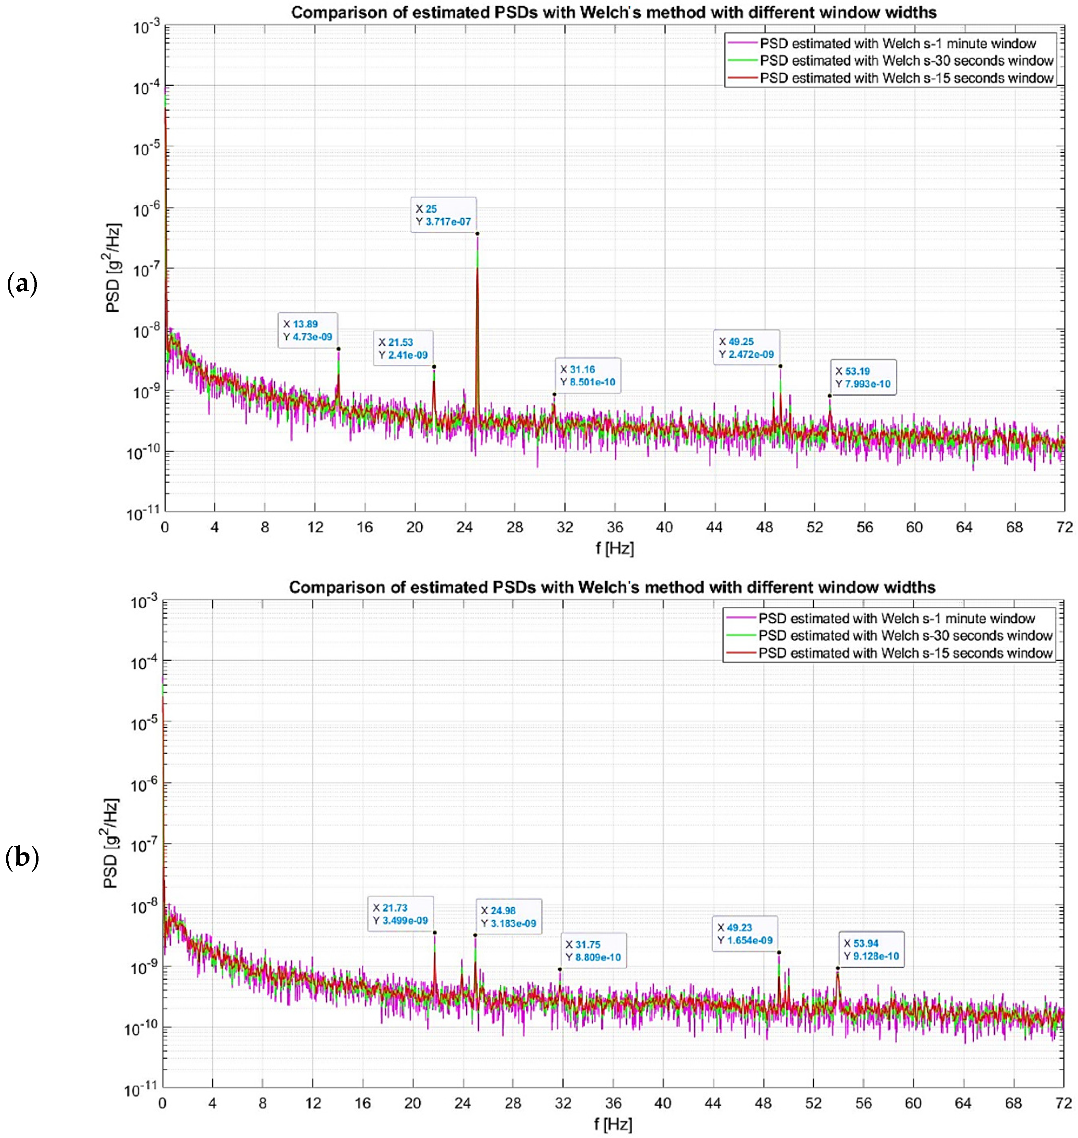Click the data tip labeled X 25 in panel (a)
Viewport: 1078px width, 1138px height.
click(x=443, y=215)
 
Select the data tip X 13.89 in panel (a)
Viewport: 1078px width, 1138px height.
click(x=308, y=330)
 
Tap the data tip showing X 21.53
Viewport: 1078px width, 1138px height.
click(x=404, y=348)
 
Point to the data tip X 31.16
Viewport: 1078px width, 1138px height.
click(x=588, y=376)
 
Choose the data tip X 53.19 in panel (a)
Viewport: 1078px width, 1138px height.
click(x=863, y=377)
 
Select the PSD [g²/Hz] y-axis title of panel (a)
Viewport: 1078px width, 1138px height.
click(x=113, y=268)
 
